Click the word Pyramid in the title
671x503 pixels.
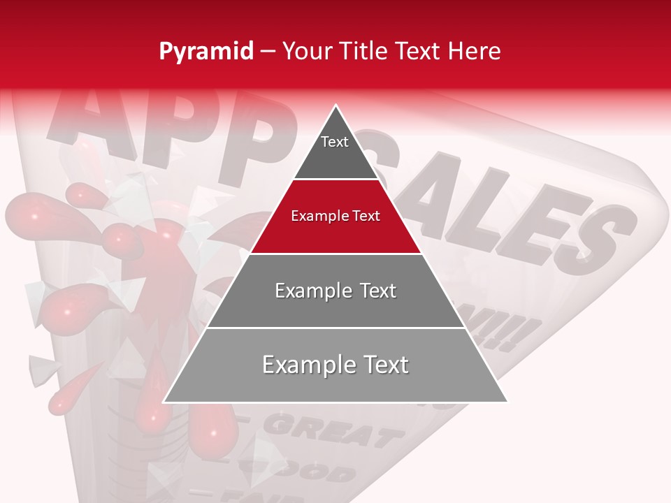[206, 52]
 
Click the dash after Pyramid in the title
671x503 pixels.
[267, 52]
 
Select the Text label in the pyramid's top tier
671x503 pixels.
[335, 142]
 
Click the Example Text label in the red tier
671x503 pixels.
[335, 216]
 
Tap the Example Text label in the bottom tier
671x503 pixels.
[335, 365]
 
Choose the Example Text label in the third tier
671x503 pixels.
[335, 291]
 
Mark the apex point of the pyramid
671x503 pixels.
[336, 105]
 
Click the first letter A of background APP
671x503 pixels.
[91, 119]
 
